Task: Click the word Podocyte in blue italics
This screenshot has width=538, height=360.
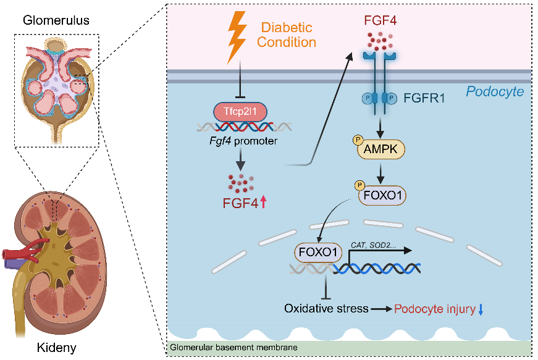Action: click(495, 91)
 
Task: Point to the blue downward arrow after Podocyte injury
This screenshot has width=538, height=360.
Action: click(480, 309)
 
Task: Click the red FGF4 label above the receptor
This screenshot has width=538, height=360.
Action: click(380, 20)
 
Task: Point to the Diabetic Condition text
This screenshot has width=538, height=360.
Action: click(287, 35)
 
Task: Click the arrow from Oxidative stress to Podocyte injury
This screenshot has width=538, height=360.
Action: click(382, 308)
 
